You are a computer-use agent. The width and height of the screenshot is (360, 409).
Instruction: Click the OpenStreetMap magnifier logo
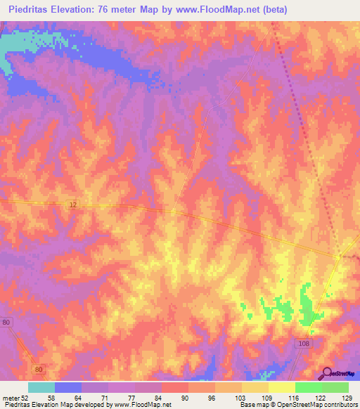pos(327,373)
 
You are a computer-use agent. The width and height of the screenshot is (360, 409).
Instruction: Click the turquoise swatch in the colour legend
pos(41,387)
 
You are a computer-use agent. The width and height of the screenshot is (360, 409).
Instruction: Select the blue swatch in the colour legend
pos(68,387)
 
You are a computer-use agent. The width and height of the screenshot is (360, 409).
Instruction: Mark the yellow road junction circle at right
pos(338,257)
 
